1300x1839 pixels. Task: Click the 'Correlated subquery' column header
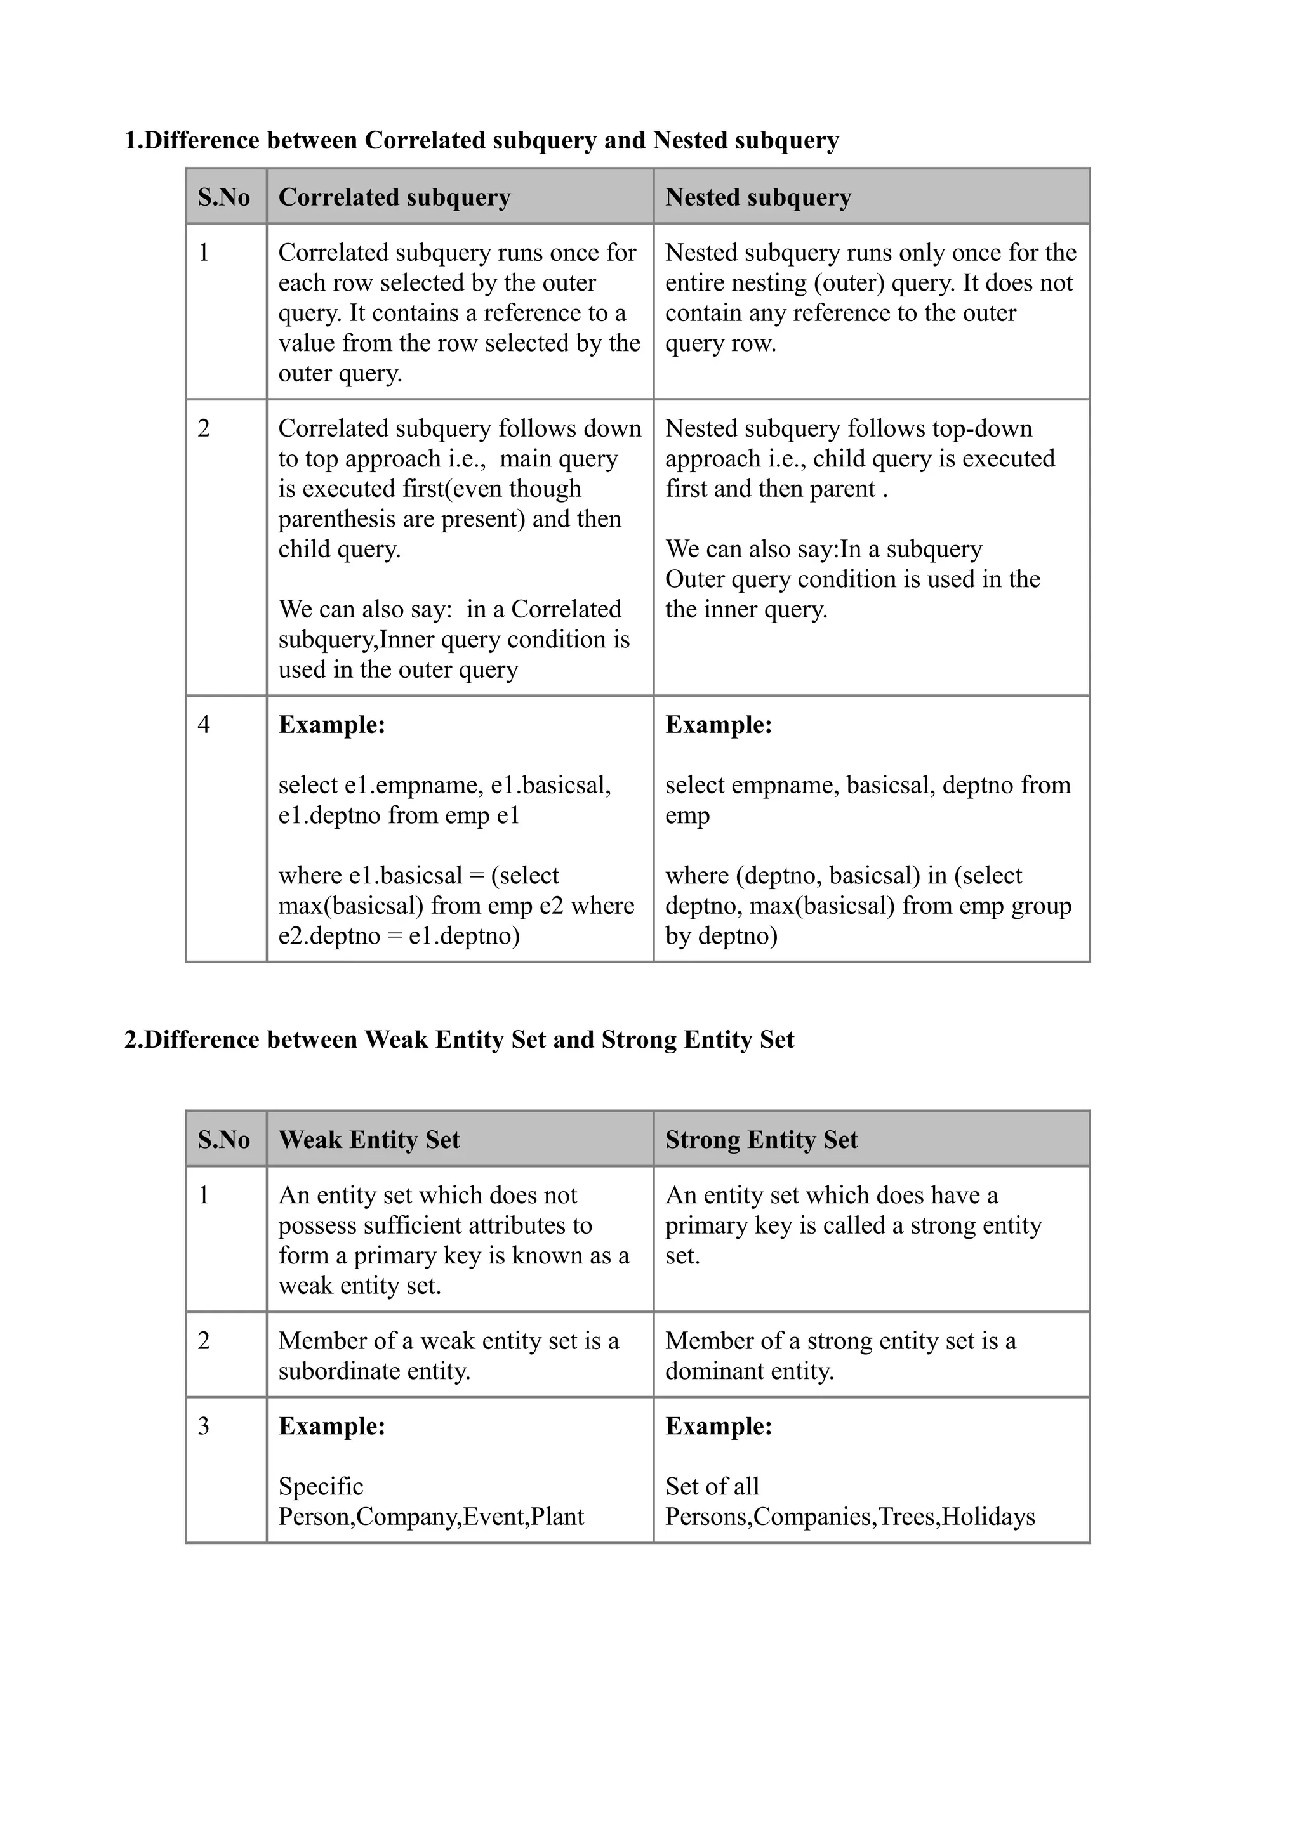pos(394,197)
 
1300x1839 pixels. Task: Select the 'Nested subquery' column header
pos(758,197)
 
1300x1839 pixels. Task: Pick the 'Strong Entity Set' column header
pos(761,1140)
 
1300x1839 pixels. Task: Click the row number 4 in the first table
pos(204,725)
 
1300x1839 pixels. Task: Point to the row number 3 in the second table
pos(204,1427)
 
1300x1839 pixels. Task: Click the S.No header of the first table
pos(223,197)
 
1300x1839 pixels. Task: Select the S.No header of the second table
pos(223,1140)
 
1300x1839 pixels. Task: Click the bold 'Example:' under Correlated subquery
pos(331,725)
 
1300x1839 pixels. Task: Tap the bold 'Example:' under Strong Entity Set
pos(719,1427)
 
